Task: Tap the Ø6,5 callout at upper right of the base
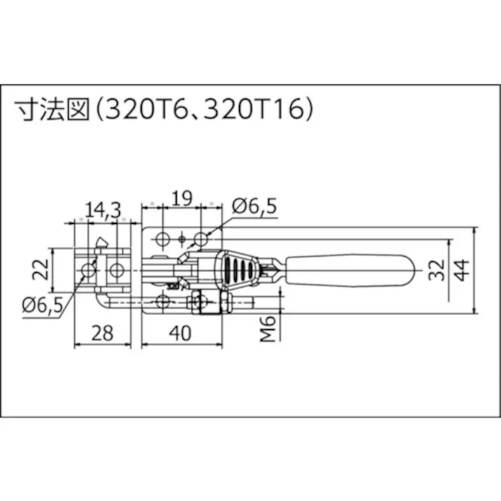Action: coord(254,205)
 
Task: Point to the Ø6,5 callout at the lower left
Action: coord(43,304)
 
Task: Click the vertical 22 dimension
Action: coord(44,268)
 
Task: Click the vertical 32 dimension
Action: coord(436,268)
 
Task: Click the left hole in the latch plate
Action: coord(88,270)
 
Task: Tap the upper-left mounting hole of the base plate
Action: coord(162,238)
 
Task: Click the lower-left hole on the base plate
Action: coord(163,302)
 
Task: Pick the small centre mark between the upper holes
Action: coord(182,240)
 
